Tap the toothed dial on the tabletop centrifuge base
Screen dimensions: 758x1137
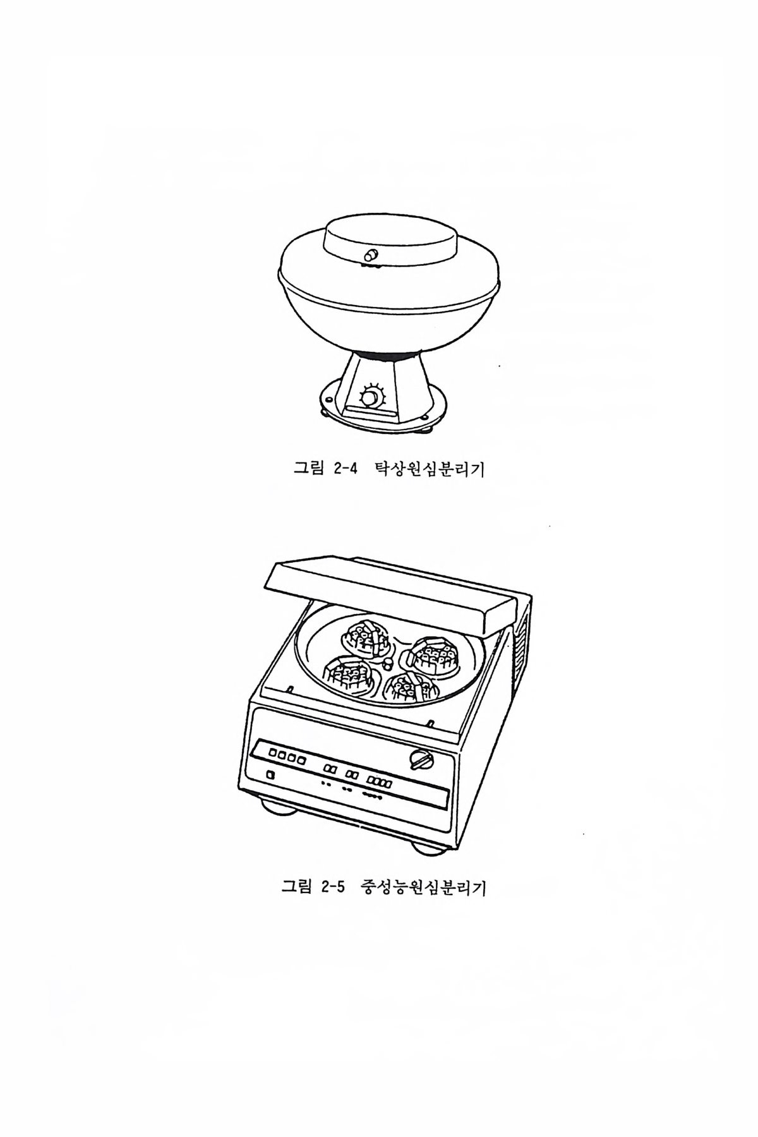(x=370, y=397)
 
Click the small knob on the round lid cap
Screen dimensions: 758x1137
(x=370, y=255)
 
